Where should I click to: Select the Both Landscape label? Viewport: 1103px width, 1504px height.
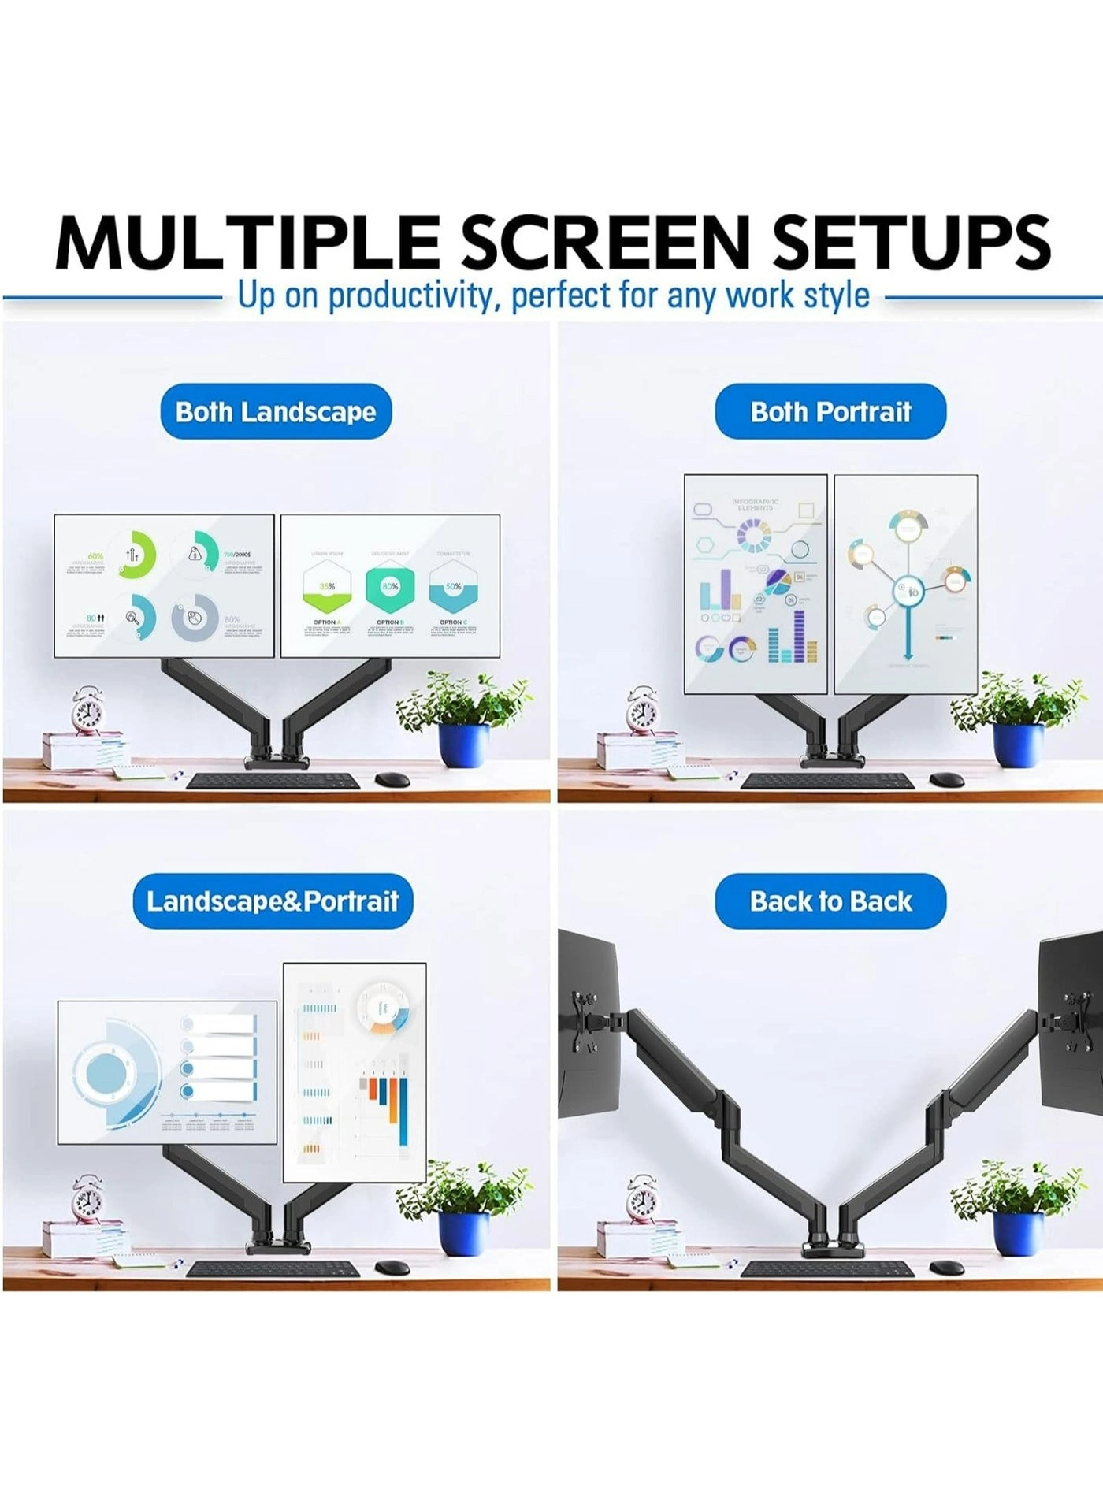pyautogui.click(x=276, y=411)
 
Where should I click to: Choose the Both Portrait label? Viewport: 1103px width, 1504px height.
pyautogui.click(x=830, y=411)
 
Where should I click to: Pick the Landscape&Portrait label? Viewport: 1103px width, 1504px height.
pyautogui.click(x=273, y=901)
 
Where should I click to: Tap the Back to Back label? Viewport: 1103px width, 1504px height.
pyautogui.click(x=830, y=901)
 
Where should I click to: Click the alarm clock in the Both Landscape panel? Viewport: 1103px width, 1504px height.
pyautogui.click(x=87, y=711)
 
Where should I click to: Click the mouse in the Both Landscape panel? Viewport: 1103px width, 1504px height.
pyautogui.click(x=392, y=779)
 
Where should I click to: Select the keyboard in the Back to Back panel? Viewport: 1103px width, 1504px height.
pyautogui.click(x=828, y=1269)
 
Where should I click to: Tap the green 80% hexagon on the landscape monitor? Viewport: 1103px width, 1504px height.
pyautogui.click(x=389, y=588)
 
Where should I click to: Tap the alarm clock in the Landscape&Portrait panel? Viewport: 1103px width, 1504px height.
pyautogui.click(x=87, y=1200)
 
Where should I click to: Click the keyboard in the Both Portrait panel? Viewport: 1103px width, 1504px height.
pyautogui.click(x=828, y=781)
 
